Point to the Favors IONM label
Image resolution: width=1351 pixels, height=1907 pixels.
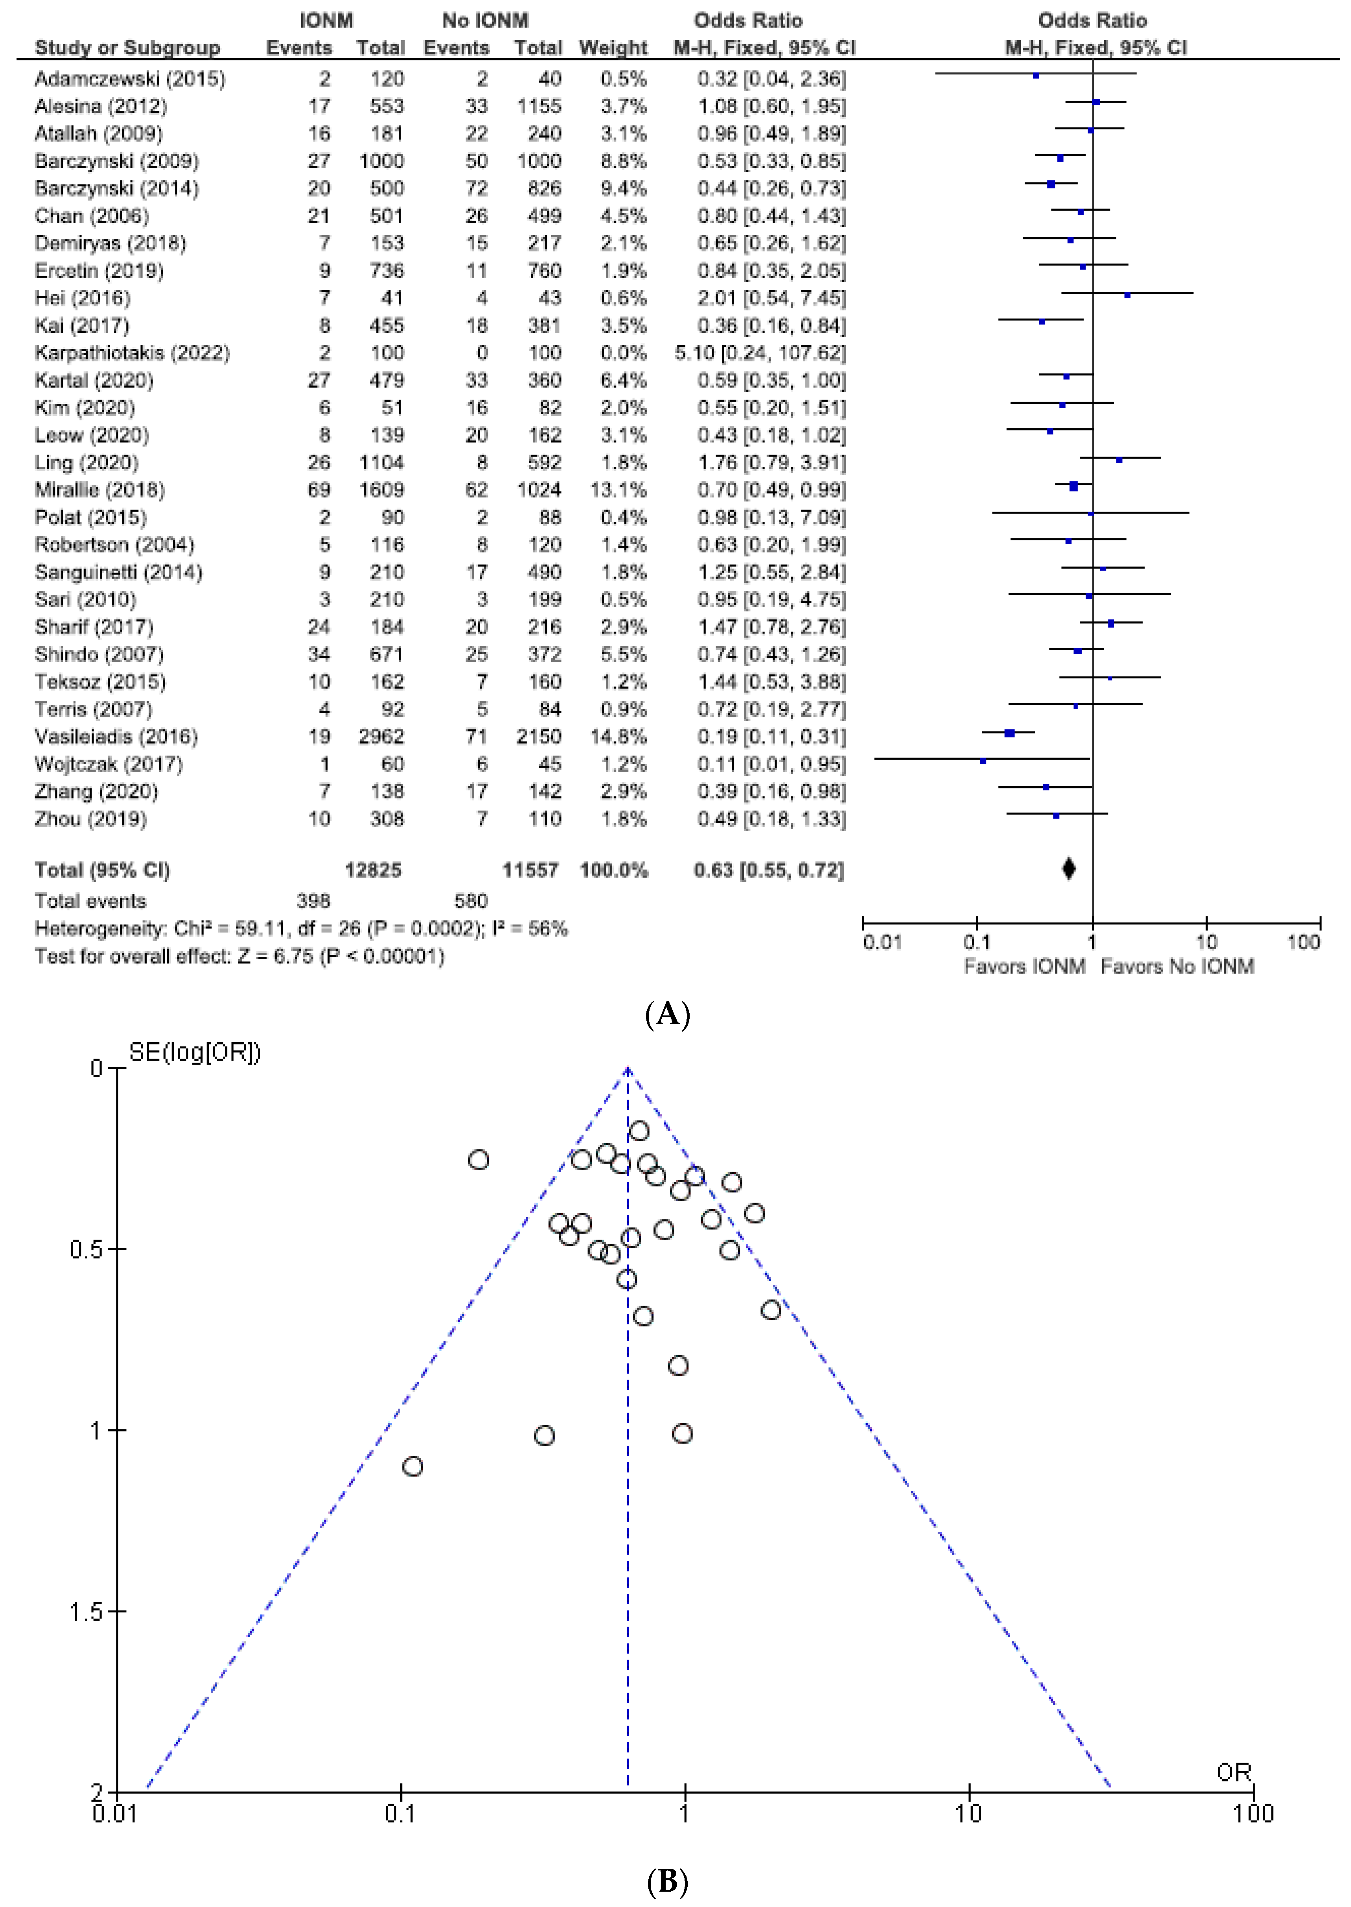[1024, 967]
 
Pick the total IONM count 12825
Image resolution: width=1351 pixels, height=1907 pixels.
[374, 870]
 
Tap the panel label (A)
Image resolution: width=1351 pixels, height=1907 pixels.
[667, 1015]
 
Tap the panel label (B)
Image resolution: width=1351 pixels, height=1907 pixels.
[667, 1882]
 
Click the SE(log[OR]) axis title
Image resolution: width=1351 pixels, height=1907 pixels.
[195, 1053]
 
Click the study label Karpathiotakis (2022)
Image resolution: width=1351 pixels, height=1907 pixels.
[131, 353]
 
